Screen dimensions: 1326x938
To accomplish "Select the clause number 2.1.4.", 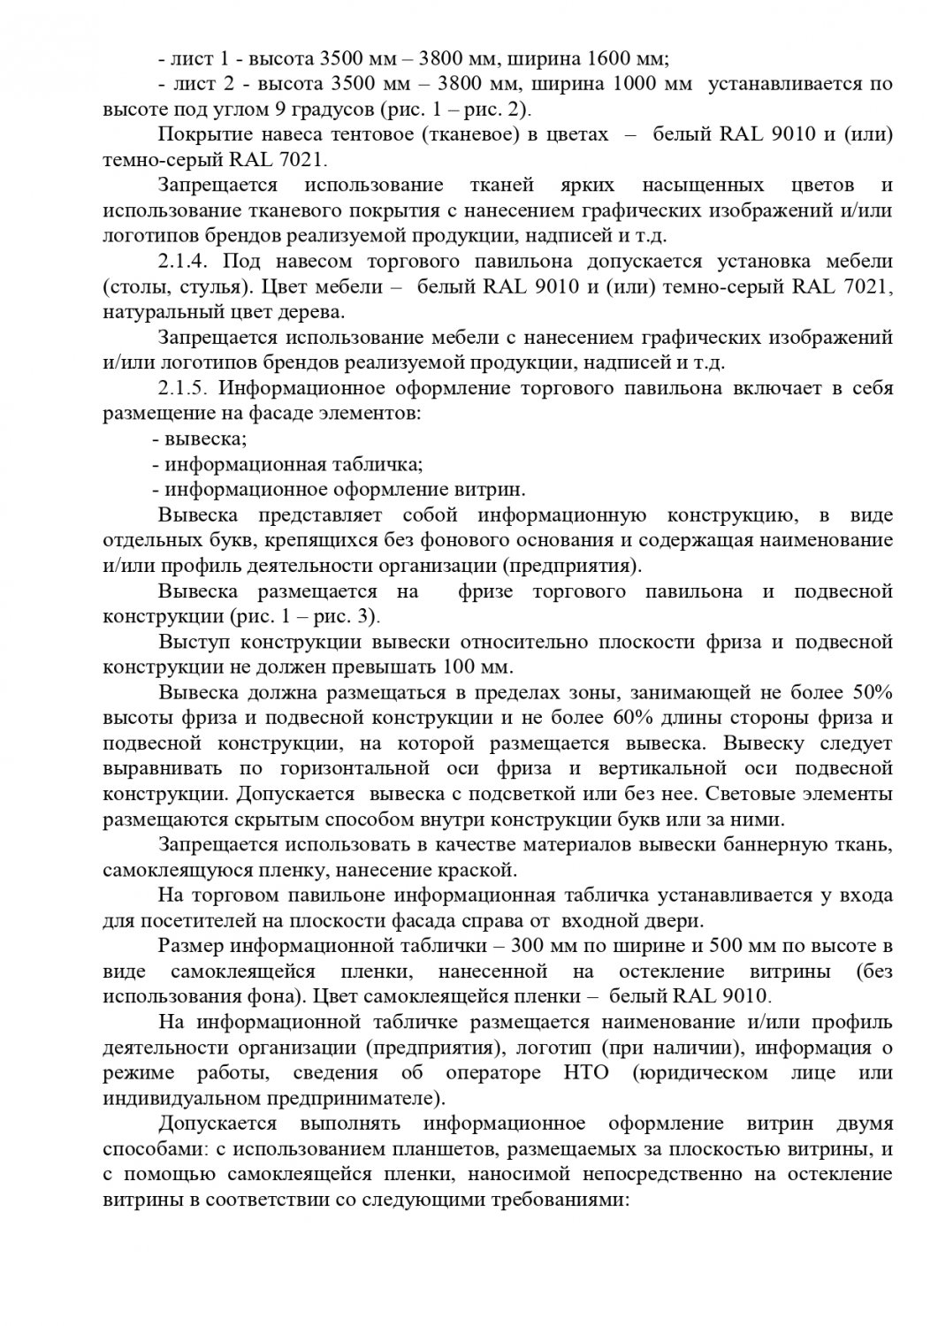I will tap(182, 262).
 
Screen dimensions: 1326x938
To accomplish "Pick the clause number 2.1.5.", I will tap(182, 389).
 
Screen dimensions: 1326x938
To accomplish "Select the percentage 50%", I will tap(871, 692).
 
